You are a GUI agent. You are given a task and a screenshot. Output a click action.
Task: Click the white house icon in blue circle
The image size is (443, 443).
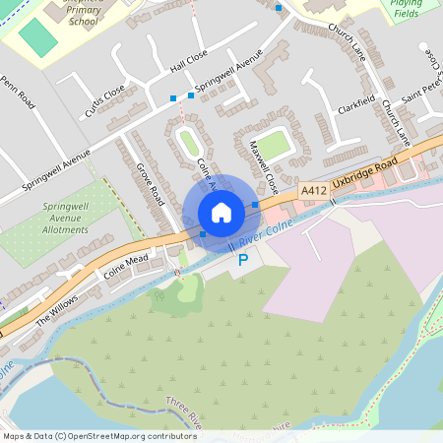click(x=221, y=213)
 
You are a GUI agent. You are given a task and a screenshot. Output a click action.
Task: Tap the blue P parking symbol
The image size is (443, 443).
click(x=243, y=260)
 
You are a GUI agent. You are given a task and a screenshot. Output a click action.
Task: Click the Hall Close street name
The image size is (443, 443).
click(x=189, y=62)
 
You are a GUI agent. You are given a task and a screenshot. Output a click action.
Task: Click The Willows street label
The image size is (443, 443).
click(x=56, y=311)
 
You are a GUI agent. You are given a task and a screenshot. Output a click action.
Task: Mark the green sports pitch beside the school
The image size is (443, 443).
click(x=38, y=38)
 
